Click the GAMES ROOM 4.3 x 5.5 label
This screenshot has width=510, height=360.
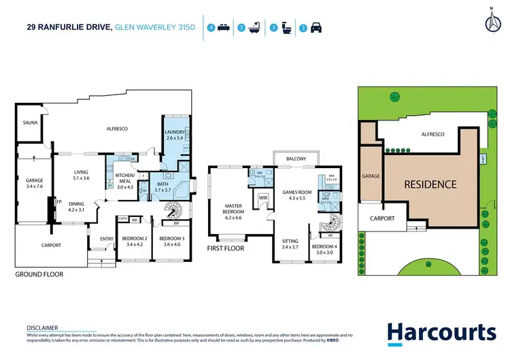point(296,196)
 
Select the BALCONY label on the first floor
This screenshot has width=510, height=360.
point(296,159)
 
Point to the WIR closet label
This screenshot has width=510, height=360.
point(263,198)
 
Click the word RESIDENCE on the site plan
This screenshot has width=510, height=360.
point(430,184)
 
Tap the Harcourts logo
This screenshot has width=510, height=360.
point(441,333)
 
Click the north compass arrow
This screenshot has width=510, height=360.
point(489,21)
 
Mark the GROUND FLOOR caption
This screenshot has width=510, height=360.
point(39,274)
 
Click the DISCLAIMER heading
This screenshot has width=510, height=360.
point(42,327)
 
